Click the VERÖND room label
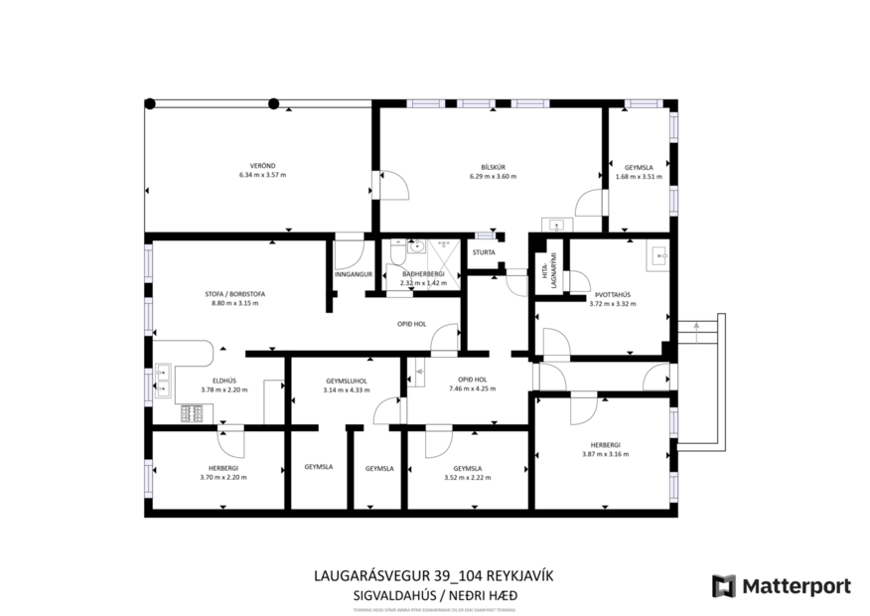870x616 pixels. [x=262, y=165]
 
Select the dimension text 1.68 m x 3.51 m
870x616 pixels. [x=639, y=177]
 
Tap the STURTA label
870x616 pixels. [x=484, y=252]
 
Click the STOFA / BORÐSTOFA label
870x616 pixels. [x=234, y=294]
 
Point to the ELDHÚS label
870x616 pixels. [x=224, y=380]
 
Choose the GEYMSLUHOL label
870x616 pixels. [x=347, y=380]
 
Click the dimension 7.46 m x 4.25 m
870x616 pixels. [x=472, y=388]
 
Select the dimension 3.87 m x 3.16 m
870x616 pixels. [x=605, y=454]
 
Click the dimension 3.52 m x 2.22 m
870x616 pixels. [x=467, y=477]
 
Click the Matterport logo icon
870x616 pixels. [x=724, y=586]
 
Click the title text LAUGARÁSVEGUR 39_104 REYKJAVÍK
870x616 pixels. [x=432, y=575]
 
